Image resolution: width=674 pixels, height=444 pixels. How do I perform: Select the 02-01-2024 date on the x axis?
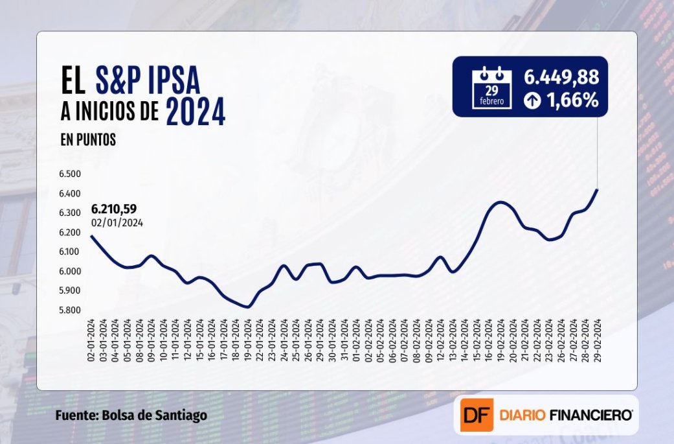point(91,340)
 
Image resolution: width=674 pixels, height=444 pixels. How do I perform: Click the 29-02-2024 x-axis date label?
point(596,340)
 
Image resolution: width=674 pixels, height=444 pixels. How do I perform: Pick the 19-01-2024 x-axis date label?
point(248,340)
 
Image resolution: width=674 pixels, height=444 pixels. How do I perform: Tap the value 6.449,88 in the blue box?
point(561,77)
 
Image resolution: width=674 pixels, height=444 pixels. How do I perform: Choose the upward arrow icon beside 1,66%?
point(532,101)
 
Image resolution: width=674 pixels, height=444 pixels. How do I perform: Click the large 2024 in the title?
point(196,112)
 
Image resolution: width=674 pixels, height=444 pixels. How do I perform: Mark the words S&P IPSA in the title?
point(148,82)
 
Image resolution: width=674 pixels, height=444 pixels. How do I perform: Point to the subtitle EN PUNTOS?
point(89,140)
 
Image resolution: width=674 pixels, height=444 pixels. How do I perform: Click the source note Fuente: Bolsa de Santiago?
point(131,415)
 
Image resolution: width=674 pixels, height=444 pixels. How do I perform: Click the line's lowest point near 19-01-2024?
point(247,307)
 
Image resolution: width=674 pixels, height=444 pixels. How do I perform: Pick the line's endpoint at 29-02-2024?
point(596,190)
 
